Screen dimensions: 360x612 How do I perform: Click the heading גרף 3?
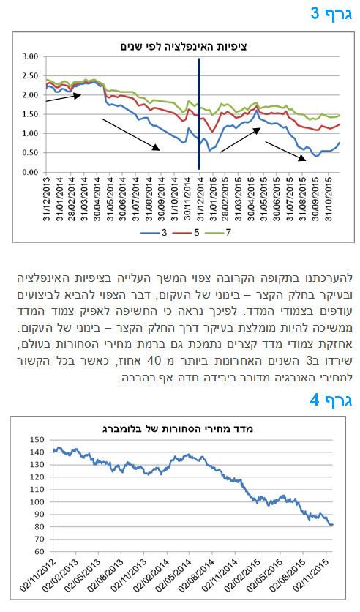(331, 14)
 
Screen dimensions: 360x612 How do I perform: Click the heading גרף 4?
(331, 400)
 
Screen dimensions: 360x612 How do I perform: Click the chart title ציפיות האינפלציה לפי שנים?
(184, 47)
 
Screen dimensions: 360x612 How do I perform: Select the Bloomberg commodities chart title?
(178, 428)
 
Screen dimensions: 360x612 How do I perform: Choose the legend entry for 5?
(186, 233)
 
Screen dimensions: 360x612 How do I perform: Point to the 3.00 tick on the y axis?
(31, 56)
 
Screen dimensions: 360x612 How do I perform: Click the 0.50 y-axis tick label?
(31, 153)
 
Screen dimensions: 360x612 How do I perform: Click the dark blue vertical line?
(199, 114)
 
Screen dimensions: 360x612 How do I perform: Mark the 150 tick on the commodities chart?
(37, 439)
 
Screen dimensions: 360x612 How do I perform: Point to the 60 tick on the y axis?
(40, 552)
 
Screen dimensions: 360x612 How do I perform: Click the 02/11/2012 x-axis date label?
(38, 575)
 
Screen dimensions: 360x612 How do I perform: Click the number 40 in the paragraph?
(153, 361)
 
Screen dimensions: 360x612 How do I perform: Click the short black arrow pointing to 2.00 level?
(64, 97)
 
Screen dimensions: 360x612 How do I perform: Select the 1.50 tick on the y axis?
(31, 114)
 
